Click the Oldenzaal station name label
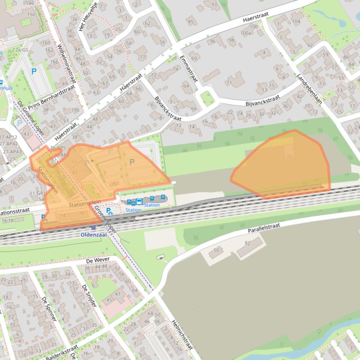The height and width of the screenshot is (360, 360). (x=94, y=235)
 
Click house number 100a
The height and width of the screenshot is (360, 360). (x=246, y=33)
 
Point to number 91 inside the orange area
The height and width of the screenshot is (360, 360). (x=290, y=156)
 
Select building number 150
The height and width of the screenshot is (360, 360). (x=31, y=14)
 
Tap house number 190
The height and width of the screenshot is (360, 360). (x=75, y=110)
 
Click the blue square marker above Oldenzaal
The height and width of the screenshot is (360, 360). (x=93, y=228)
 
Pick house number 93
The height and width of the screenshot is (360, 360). (x=214, y=5)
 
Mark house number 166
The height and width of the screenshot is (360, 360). (x=54, y=62)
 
